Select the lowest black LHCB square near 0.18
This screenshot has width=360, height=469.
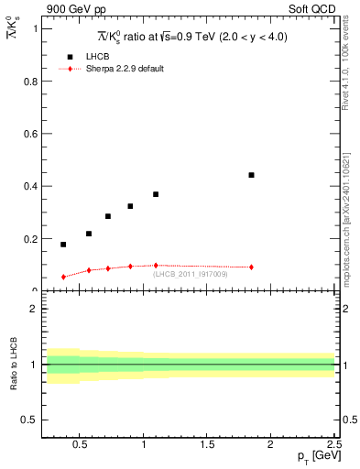tap(63, 245)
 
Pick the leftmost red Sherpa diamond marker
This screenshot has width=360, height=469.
tap(63, 277)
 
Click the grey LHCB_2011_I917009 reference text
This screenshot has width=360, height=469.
tap(191, 274)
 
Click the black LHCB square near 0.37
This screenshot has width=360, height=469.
tap(156, 194)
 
